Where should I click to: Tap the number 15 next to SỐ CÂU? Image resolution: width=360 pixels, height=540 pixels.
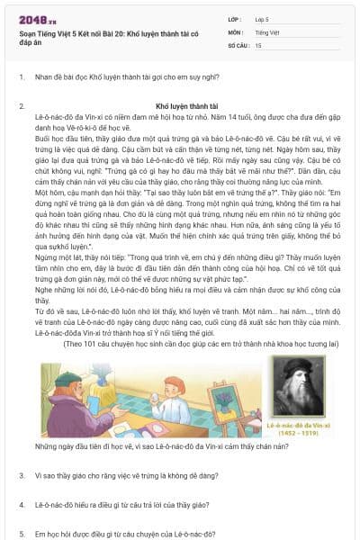point(259,44)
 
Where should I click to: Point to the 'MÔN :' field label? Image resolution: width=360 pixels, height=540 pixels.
point(236,31)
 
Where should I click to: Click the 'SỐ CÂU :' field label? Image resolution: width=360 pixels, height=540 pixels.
point(238,44)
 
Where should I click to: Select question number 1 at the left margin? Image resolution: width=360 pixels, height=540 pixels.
point(21,77)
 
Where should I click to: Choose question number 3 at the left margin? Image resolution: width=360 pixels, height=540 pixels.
point(21,474)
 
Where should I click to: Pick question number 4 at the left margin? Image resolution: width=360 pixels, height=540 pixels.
point(21,505)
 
